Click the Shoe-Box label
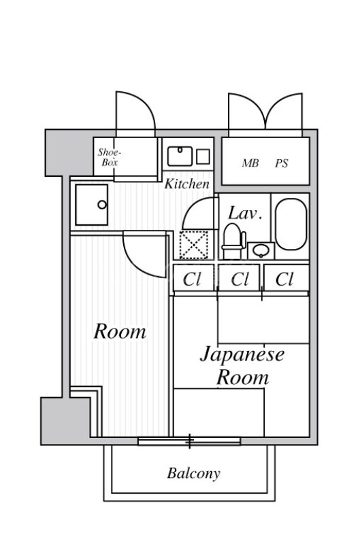coord(110,158)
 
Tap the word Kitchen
coord(186,184)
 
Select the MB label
coord(250,164)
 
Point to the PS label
coord(282,164)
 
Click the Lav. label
coord(244,213)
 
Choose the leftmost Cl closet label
coord(193,279)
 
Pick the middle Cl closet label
coord(240,279)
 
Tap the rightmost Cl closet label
coord(284,279)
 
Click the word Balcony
coord(193,474)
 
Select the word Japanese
coord(242,354)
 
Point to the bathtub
coord(291,224)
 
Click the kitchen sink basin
coord(179,156)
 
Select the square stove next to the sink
coord(203,156)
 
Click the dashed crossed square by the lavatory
coord(193,245)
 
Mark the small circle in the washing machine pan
coord(101,205)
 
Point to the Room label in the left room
coord(120,332)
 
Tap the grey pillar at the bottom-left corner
coord(65,422)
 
